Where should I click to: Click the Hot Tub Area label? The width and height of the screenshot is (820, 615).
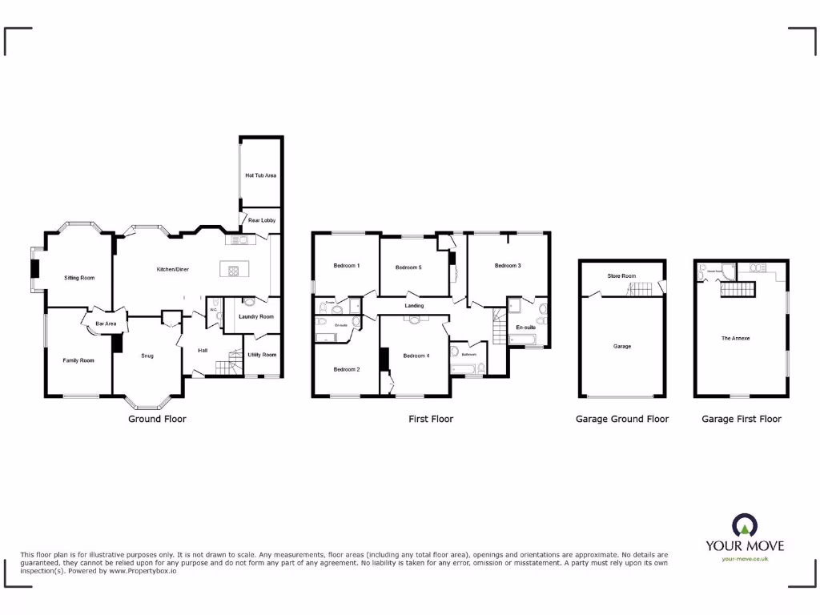pos(260,175)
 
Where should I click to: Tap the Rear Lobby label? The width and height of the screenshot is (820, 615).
pos(261,220)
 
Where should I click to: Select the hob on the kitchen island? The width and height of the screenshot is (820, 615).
pos(235,270)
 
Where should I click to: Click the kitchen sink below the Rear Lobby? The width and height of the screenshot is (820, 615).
pos(240,239)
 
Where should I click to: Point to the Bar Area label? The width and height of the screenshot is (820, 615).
pos(107,324)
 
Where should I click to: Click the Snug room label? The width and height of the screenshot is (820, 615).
pos(147,356)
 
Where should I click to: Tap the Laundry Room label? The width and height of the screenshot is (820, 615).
pos(255,317)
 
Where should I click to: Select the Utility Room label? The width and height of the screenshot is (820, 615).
pos(262,355)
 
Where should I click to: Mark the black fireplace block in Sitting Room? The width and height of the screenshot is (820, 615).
pos(34,269)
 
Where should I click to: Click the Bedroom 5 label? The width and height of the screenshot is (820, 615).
pos(408,267)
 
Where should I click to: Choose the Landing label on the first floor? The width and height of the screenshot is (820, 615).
pos(414,306)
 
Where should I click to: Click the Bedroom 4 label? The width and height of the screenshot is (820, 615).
pos(416,356)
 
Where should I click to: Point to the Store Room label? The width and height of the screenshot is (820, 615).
pos(622,276)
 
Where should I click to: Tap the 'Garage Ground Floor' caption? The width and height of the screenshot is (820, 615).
pos(622,419)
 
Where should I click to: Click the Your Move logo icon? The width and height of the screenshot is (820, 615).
pos(744,526)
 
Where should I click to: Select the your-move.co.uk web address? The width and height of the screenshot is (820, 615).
pos(745,559)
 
